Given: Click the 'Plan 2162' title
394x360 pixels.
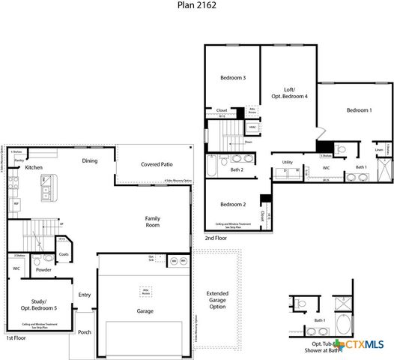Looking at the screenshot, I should (x=196, y=8).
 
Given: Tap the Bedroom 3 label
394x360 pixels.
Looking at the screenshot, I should (x=233, y=78).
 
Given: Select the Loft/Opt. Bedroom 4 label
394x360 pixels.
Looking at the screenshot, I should (x=288, y=92).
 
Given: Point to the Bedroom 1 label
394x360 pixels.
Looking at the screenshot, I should (x=359, y=111).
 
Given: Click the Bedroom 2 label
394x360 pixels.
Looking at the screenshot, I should (x=233, y=204).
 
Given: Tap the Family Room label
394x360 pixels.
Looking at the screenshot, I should (x=154, y=221).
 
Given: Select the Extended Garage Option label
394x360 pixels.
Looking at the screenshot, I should (x=217, y=300).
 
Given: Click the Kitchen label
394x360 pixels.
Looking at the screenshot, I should (x=34, y=168).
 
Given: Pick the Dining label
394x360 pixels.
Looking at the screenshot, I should (x=90, y=160).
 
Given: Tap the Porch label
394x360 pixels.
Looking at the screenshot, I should (x=85, y=332).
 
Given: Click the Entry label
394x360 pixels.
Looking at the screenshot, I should (x=85, y=295).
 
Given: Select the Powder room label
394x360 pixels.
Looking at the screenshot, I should (x=43, y=269).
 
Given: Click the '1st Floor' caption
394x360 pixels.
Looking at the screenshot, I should (x=16, y=339).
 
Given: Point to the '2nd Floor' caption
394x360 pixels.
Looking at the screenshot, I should (x=216, y=238).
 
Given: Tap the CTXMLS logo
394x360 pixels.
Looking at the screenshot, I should (x=363, y=344).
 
